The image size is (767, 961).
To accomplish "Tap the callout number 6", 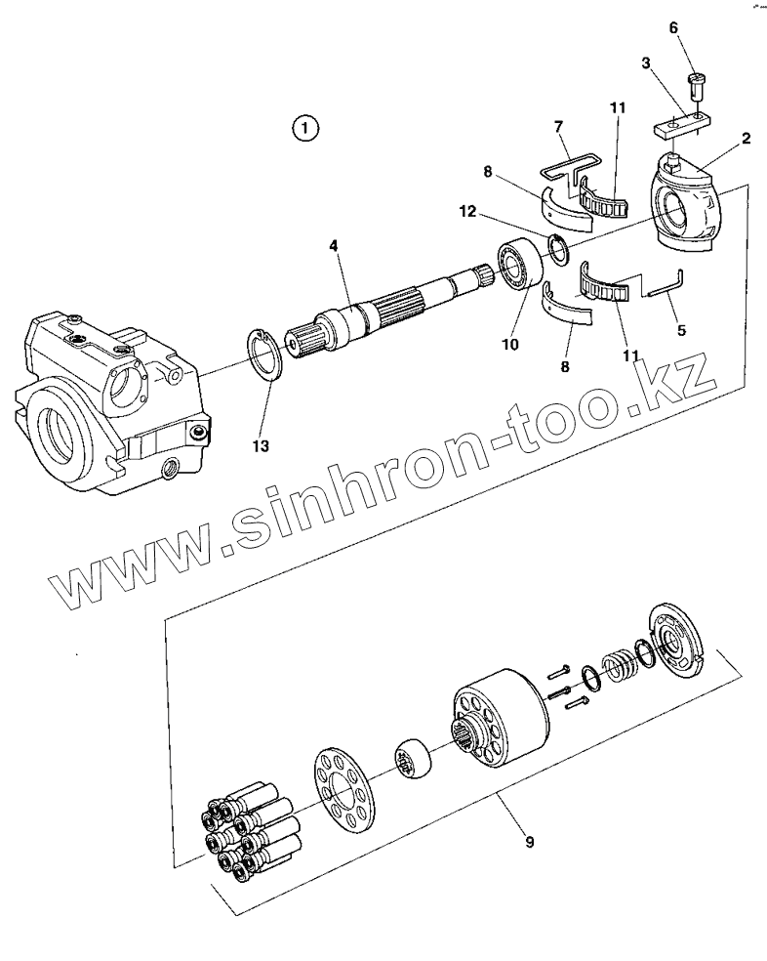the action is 673,27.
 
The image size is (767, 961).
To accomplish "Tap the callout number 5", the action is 681,331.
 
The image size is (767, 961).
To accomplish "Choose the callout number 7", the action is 557,127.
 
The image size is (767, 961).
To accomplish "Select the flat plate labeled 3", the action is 677,127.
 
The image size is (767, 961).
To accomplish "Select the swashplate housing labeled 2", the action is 687,200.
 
